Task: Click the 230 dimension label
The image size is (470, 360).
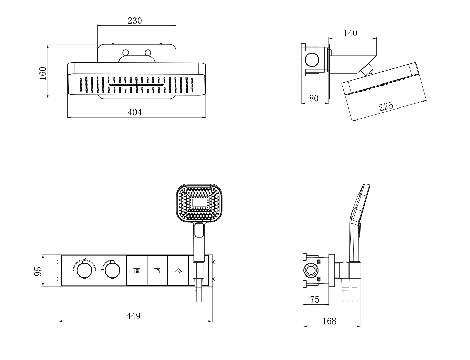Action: pyautogui.click(x=135, y=21)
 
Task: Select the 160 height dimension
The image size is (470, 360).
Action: pyautogui.click(x=43, y=73)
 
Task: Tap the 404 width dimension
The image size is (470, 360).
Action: pyautogui.click(x=135, y=112)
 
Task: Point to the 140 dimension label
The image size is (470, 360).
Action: pyautogui.click(x=350, y=33)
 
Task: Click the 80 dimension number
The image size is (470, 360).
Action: pyautogui.click(x=314, y=98)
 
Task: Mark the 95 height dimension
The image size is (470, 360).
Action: pyautogui.click(x=38, y=271)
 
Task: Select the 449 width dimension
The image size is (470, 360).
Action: pyautogui.click(x=133, y=316)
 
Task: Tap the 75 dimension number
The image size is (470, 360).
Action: pyautogui.click(x=314, y=299)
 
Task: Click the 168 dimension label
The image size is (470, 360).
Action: pyautogui.click(x=329, y=321)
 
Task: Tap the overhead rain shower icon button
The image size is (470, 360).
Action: pyautogui.click(x=137, y=270)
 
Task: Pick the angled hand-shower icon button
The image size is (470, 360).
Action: pyautogui.click(x=178, y=270)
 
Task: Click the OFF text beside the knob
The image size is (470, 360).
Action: pyautogui.click(x=102, y=269)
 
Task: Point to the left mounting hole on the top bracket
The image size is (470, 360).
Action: pyautogui.click(x=126, y=52)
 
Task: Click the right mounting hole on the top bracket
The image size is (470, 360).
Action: pyautogui.click(x=148, y=52)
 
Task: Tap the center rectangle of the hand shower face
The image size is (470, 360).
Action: pyautogui.click(x=199, y=203)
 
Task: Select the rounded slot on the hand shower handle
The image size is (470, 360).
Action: pyautogui.click(x=199, y=231)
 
